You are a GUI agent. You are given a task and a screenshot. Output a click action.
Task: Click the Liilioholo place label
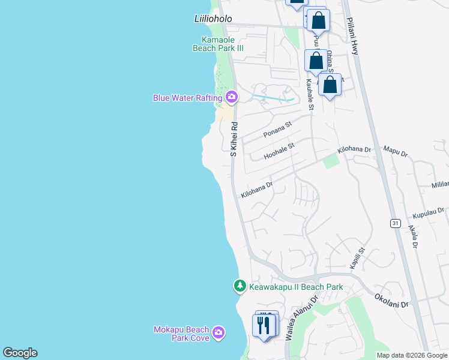click(213, 19)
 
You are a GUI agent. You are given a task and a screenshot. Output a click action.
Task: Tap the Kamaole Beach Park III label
click(218, 44)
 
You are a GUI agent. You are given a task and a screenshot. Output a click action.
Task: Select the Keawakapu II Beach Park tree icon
click(240, 286)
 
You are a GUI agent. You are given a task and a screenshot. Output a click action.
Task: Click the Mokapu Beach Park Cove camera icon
click(218, 332)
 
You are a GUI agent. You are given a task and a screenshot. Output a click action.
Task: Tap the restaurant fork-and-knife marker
click(264, 326)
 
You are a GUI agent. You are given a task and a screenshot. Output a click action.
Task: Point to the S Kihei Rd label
click(235, 139)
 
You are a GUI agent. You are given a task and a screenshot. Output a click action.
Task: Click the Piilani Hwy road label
click(352, 37)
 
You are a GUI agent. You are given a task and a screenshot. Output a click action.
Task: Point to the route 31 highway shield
click(395, 223)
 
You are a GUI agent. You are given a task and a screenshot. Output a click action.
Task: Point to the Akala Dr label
click(414, 236)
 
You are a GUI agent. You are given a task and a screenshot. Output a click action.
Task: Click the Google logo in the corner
click(20, 353)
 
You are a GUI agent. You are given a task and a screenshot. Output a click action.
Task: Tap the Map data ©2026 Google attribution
click(412, 355)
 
